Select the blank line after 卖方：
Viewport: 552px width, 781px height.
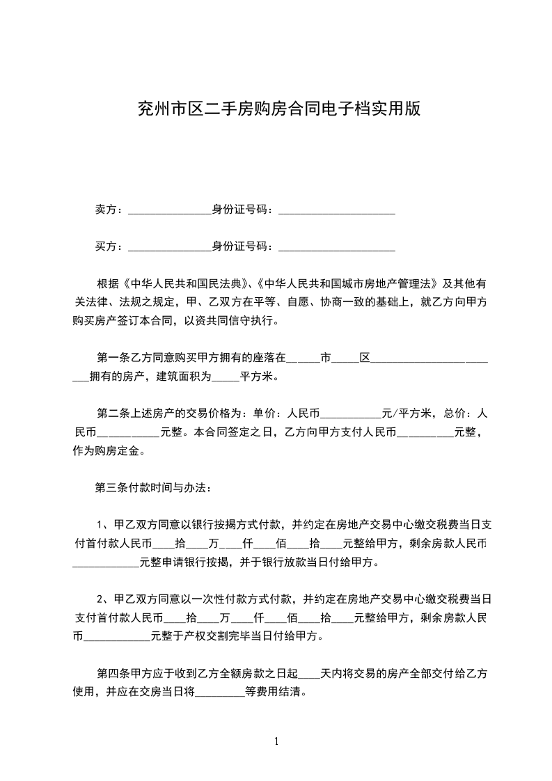170,211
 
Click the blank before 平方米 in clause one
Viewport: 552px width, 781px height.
225,378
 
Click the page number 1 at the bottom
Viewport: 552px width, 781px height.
276,741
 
